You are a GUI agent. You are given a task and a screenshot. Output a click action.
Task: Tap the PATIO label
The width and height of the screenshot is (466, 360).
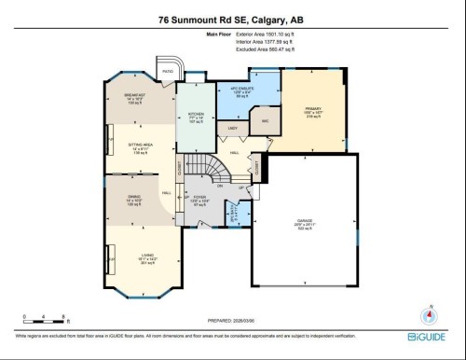[x=169, y=70]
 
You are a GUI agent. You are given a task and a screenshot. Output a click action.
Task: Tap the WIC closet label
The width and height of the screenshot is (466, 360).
[x=265, y=121]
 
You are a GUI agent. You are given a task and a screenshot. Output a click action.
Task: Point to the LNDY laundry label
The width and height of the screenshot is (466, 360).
[x=233, y=128]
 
